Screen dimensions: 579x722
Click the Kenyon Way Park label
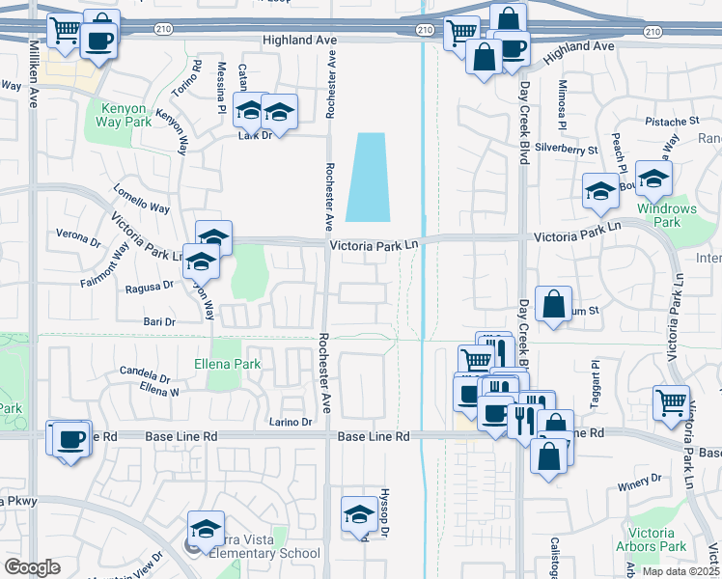point(124,114)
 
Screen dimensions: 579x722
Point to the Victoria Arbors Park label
point(656,539)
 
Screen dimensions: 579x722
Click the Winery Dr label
point(642,478)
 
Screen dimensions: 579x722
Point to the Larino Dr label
point(291,422)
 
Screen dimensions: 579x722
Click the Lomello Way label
point(141,208)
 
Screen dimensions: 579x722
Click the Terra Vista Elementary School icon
point(207,529)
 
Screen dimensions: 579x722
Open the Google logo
point(32,567)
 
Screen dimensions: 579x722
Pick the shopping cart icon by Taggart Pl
point(671,403)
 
